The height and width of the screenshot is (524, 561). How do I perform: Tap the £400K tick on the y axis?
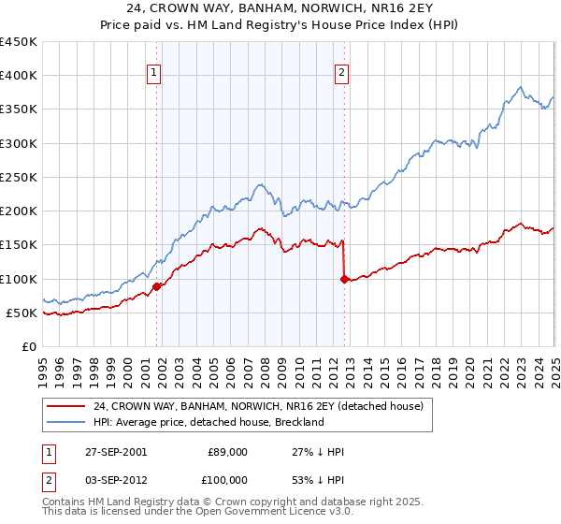(x=19, y=76)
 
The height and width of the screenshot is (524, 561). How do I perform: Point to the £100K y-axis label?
(x=19, y=279)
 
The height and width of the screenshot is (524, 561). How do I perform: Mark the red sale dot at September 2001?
(x=157, y=286)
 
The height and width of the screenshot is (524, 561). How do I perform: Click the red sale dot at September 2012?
(x=344, y=279)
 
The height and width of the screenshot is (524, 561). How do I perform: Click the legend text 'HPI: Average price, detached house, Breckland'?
(x=208, y=422)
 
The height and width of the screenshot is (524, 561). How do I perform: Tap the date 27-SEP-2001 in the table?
(x=115, y=452)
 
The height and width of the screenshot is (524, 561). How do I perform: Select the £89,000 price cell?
(x=227, y=452)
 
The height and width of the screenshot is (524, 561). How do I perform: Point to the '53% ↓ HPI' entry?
(x=318, y=480)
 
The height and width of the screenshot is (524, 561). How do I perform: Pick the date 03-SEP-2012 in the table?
(x=115, y=480)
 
